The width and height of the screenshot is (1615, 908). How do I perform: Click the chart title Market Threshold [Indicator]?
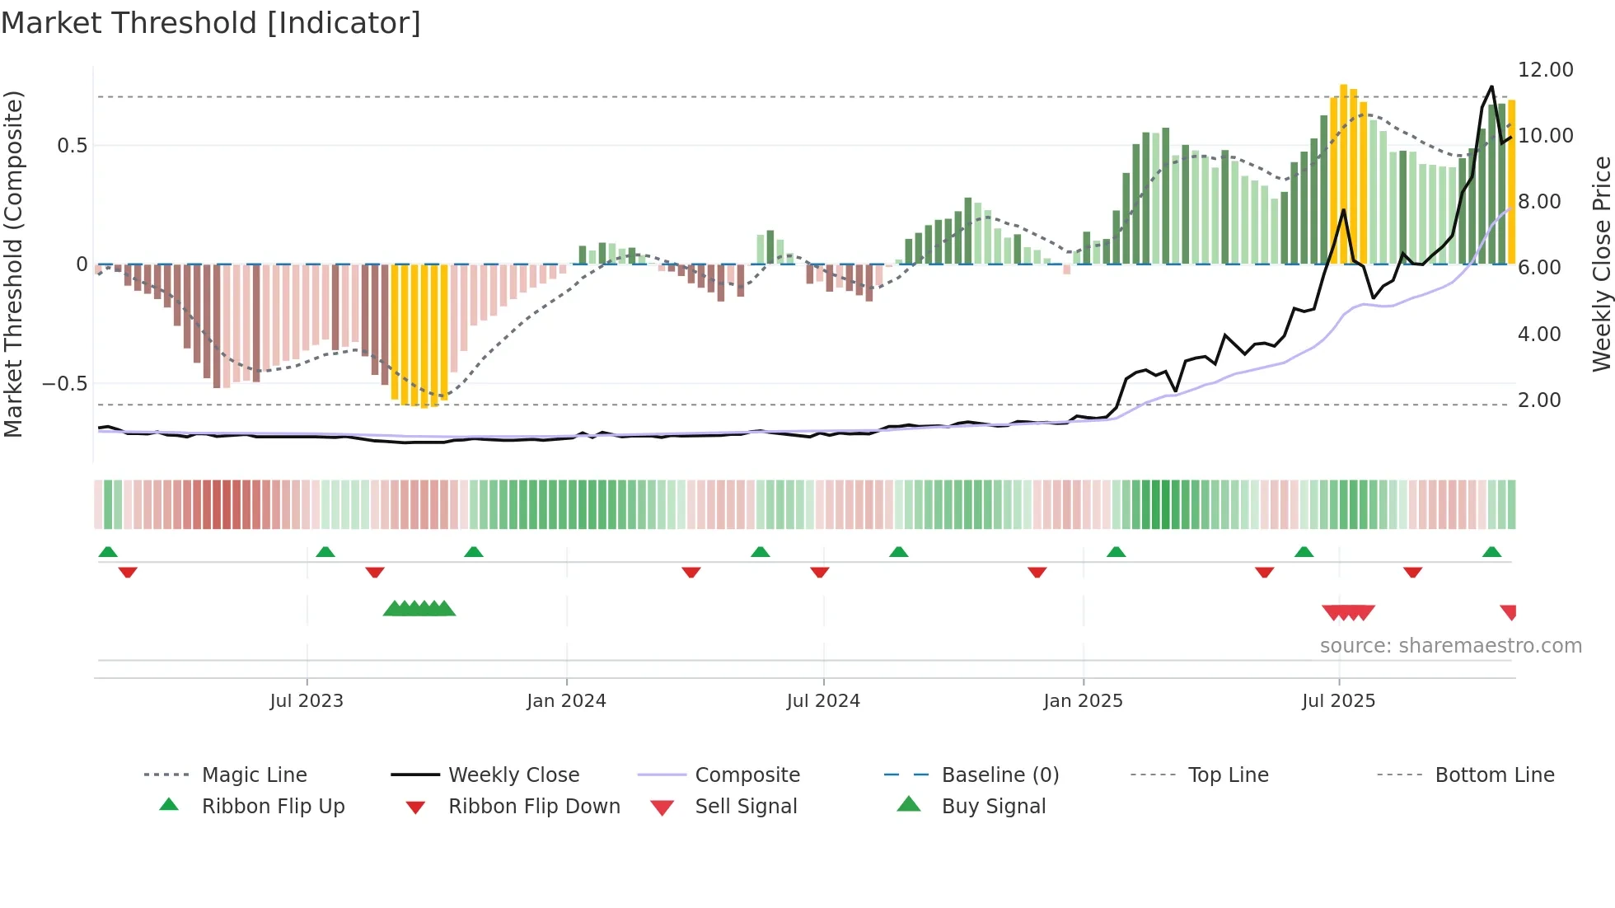(x=211, y=23)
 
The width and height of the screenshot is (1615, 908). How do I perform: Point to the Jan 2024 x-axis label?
(x=566, y=701)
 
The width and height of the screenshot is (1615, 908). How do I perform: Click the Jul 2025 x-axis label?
(x=1338, y=701)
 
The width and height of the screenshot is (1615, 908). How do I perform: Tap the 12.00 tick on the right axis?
(x=1545, y=70)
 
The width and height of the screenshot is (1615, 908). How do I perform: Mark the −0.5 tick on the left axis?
(x=64, y=384)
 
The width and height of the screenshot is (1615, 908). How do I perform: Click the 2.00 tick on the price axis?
(x=1538, y=400)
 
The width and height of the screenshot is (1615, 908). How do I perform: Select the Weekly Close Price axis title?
(x=1601, y=264)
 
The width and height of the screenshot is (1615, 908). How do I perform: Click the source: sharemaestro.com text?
(x=1450, y=646)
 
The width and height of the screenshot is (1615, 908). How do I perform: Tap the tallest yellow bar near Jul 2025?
(x=1343, y=173)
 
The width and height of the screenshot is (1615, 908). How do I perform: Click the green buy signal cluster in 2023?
(x=419, y=610)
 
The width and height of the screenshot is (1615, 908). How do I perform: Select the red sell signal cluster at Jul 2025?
(x=1348, y=612)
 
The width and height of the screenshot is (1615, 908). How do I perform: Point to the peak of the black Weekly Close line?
(x=1491, y=87)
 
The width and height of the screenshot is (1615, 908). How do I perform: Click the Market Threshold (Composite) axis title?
(x=13, y=264)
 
